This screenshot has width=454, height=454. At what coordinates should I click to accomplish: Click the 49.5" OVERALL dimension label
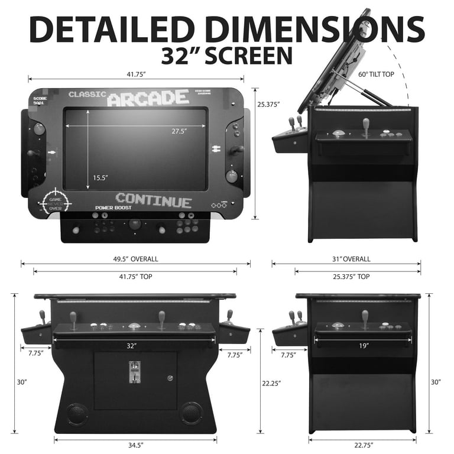click(x=135, y=259)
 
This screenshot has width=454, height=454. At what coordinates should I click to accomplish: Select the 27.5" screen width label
click(x=179, y=131)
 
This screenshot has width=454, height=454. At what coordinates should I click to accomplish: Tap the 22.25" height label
click(x=271, y=383)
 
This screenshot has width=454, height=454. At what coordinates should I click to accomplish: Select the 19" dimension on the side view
click(x=362, y=345)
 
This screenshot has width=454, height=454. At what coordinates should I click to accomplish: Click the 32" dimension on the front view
click(x=131, y=345)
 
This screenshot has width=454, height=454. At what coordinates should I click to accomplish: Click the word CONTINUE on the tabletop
click(x=154, y=200)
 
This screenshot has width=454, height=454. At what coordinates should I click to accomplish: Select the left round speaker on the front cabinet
click(x=76, y=413)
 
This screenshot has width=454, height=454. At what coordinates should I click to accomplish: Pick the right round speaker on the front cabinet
click(x=191, y=413)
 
